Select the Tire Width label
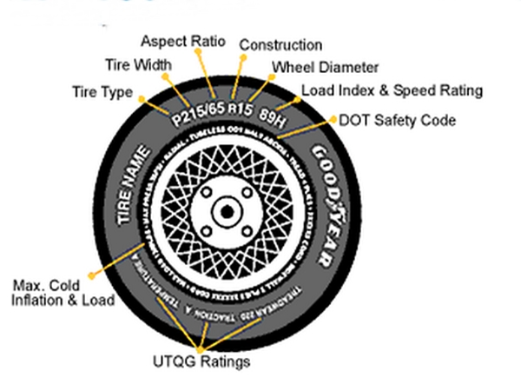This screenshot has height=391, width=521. (138, 65)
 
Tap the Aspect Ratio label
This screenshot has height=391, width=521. (182, 41)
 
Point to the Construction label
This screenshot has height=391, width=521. (280, 45)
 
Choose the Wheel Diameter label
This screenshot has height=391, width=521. (325, 67)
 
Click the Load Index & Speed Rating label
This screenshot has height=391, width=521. (392, 90)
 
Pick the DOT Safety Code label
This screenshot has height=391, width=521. (397, 120)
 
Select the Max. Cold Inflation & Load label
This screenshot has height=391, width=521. (63, 293)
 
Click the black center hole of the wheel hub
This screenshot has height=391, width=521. (226, 209)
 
